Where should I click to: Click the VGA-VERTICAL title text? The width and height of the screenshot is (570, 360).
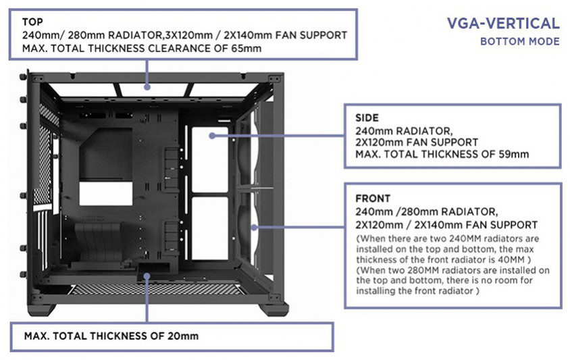click(503, 24)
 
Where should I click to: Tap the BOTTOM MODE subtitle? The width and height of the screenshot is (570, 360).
click(520, 42)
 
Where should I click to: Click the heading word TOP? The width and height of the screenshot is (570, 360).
click(32, 22)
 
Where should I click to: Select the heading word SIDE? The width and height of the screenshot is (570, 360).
click(367, 117)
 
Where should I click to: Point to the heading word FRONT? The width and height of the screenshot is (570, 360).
click(373, 199)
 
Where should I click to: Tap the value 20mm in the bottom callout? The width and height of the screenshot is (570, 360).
click(181, 336)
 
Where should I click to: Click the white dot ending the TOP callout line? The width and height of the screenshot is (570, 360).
click(146, 87)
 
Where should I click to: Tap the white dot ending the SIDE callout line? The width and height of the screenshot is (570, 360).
click(213, 136)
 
